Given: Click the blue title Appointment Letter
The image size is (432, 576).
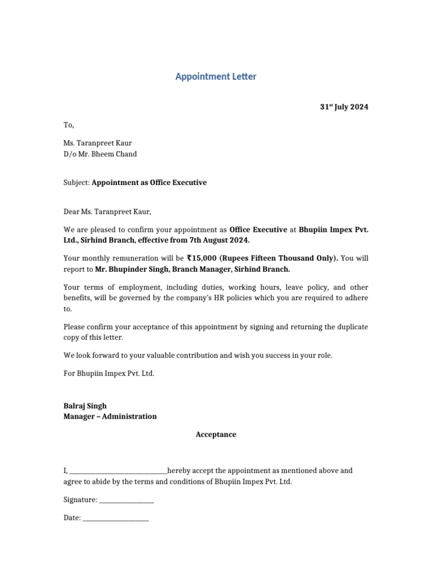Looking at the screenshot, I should coord(215,76).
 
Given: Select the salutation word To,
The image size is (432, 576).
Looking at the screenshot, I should coord(69,125).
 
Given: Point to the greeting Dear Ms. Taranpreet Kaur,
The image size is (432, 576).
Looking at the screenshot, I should coord(107,212).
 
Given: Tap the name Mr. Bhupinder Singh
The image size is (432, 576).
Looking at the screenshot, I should coord(133,269).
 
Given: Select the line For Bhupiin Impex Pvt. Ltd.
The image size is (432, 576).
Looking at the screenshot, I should coord(109,373).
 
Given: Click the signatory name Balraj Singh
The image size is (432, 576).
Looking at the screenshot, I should coord(85,406).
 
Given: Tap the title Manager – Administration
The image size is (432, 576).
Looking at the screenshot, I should coord(110,417).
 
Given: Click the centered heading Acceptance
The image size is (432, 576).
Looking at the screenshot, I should coord(216,435).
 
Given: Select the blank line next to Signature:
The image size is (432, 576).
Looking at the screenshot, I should coord(127,500).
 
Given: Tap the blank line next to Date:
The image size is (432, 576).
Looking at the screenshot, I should coord(115,518).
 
